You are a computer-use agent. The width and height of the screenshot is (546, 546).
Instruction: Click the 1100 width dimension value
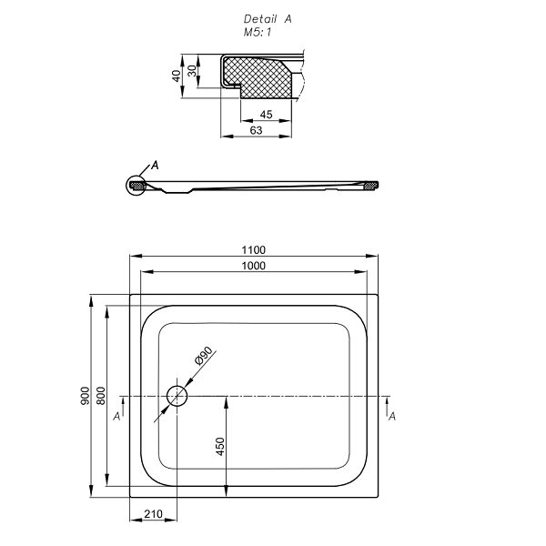(254, 250)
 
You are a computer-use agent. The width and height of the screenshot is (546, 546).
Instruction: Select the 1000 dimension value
(254, 266)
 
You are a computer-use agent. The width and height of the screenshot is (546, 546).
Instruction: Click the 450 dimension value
(219, 446)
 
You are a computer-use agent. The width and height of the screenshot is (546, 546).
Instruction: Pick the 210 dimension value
(153, 515)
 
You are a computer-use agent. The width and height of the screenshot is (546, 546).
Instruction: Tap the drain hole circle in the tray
(177, 396)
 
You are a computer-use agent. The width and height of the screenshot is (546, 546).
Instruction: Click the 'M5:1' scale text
(259, 32)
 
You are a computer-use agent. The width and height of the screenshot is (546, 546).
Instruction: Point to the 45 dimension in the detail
(266, 115)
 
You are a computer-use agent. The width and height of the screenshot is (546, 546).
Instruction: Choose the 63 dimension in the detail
(256, 131)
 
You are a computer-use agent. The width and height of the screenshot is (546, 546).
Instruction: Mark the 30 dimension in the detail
(191, 71)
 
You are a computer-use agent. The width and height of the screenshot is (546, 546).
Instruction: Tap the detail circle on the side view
(137, 185)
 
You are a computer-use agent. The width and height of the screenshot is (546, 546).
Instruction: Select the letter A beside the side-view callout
(155, 166)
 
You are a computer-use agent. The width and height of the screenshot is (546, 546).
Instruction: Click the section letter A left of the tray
(116, 416)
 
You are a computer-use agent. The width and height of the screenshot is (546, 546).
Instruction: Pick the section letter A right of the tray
(391, 416)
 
